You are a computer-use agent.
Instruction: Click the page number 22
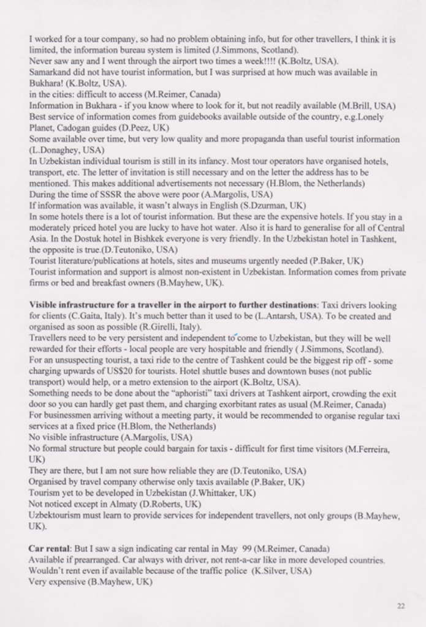pyautogui.click(x=401, y=606)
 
